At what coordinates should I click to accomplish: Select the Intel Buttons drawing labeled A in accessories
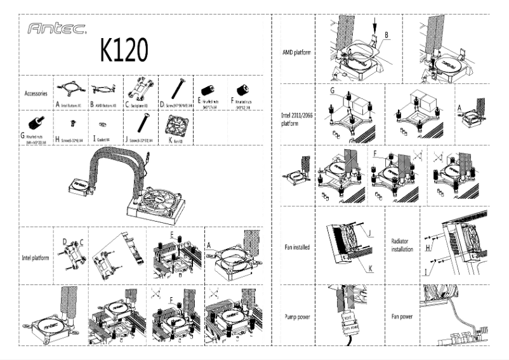pos(70,90)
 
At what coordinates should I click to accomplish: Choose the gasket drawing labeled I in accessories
pos(103,124)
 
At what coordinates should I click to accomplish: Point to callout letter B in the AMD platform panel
pos(387,33)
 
